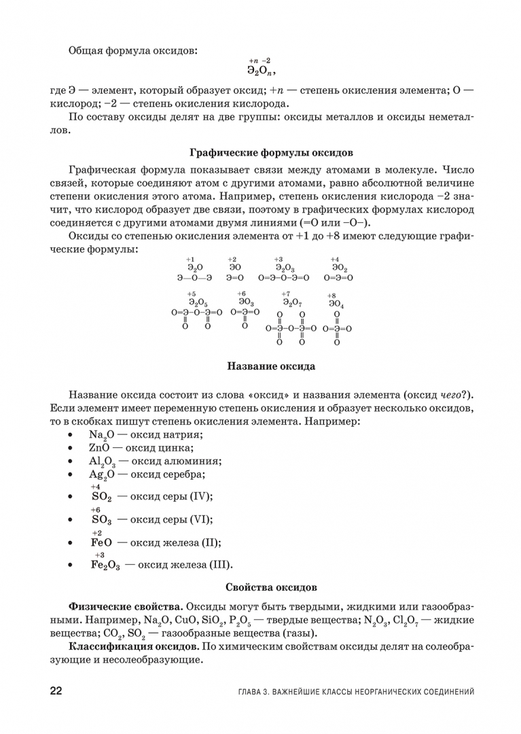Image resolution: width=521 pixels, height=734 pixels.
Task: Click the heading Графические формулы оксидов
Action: [x=270, y=153]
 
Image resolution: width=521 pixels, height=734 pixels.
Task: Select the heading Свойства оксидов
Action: [x=270, y=586]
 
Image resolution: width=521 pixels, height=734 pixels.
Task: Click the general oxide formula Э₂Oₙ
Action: [x=261, y=70]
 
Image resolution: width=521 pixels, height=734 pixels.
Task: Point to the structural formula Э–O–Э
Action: [x=195, y=278]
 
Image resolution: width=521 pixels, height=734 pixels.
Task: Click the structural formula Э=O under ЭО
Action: [x=235, y=278]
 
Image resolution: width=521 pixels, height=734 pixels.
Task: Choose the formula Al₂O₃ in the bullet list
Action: [x=103, y=461]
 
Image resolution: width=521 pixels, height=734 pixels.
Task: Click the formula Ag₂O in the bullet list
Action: [x=103, y=475]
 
